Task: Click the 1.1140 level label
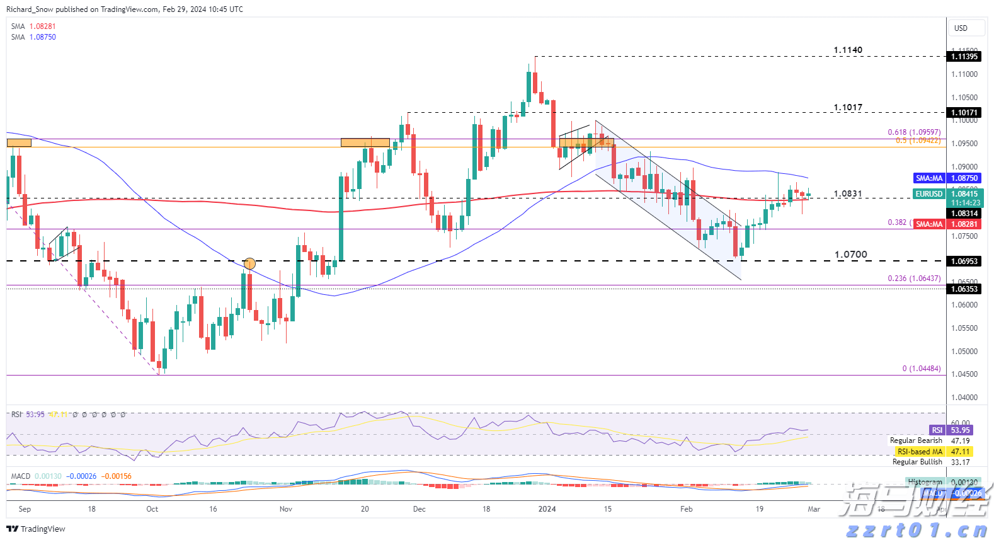coord(848,50)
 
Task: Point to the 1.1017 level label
coord(848,108)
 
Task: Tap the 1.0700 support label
coord(850,255)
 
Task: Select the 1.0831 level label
coord(848,194)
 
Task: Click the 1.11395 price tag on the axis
coord(964,57)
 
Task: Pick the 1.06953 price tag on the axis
coord(964,261)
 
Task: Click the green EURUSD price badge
coord(929,194)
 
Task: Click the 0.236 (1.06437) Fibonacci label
coord(914,279)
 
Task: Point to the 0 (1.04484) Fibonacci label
coord(921,369)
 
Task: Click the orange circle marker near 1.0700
coord(249,263)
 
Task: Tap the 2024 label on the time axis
coord(547,509)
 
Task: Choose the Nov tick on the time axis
coord(286,509)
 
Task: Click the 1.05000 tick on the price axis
coord(964,352)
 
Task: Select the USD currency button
coord(961,28)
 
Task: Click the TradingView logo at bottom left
coord(36,529)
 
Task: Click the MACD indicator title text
coord(21,476)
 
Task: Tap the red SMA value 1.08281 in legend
coord(42,26)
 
